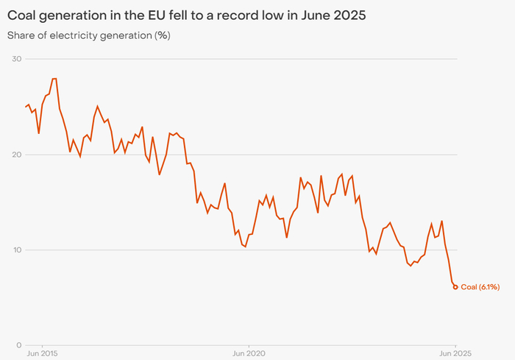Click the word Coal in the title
22,14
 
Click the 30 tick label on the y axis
17,59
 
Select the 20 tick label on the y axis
17,155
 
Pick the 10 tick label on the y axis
17,250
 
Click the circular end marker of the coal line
455,287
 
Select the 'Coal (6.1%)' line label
480,287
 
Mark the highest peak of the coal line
54,79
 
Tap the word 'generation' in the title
72,14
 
